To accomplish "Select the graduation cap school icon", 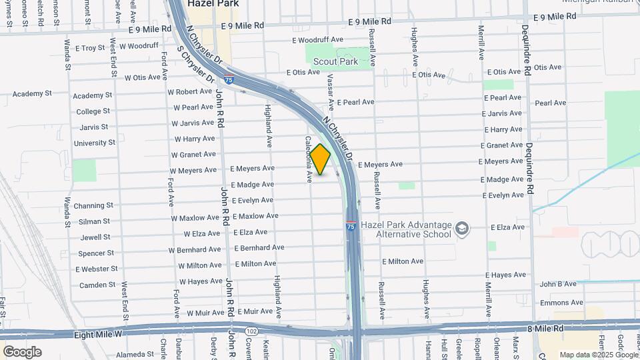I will pos(461,230).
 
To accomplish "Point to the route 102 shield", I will pos(251,331).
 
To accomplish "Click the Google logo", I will pos(22,352).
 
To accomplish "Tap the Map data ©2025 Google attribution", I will pos(598,355).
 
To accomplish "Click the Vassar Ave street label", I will pos(329,93).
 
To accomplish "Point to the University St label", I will pos(94,143).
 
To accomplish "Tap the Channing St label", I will pos(94,205).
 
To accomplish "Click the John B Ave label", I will pos(558,284).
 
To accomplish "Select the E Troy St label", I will pos(91,48).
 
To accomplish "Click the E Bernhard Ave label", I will pos(259,247).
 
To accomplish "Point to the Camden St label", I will pos(97,285).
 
